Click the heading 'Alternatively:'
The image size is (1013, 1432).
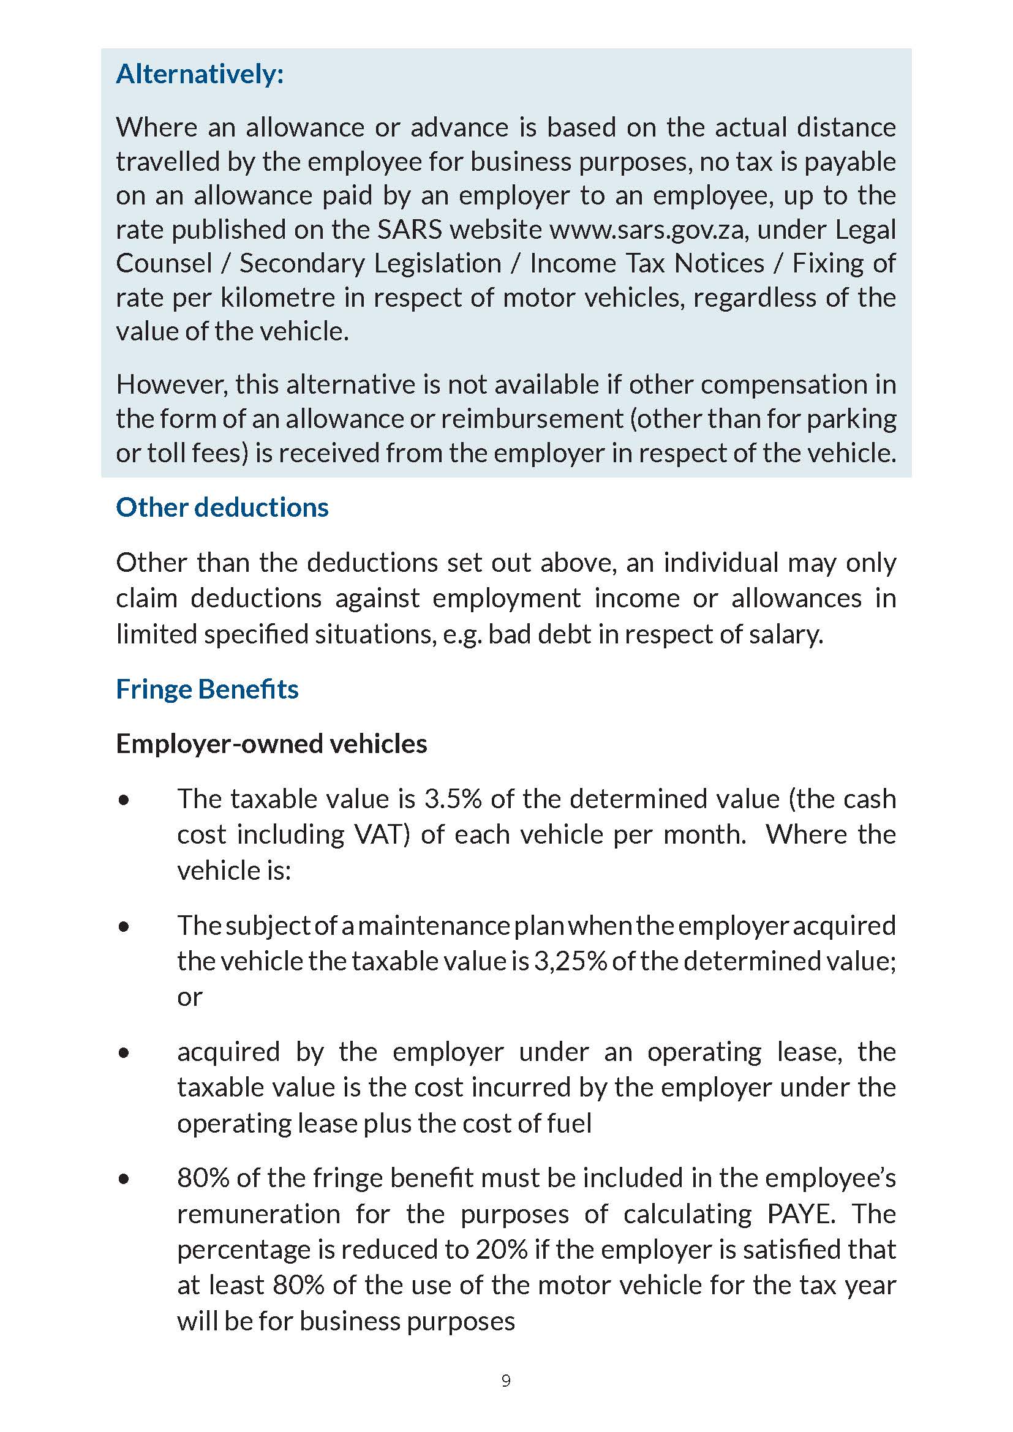200,74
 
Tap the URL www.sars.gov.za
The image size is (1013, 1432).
647,230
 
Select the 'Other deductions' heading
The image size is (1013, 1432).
222,508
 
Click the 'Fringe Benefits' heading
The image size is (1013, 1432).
207,689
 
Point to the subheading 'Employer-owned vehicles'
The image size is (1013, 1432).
271,744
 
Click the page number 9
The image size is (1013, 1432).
506,1381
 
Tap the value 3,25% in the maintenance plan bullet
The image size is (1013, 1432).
570,961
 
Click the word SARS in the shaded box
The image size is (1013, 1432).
409,230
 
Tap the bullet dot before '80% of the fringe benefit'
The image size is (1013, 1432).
124,1179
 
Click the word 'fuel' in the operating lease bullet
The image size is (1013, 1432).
569,1124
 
